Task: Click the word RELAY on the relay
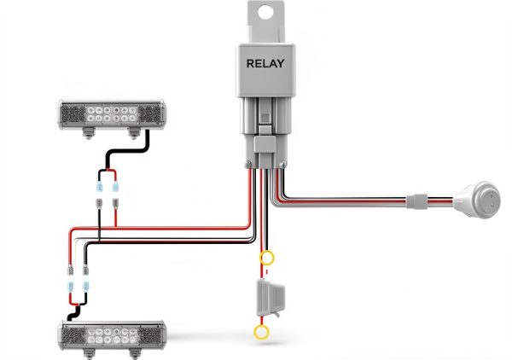(x=265, y=63)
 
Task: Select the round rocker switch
(x=478, y=199)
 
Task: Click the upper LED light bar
(x=112, y=115)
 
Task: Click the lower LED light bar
(x=112, y=335)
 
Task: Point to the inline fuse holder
(x=271, y=298)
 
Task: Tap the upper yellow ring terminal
(x=267, y=258)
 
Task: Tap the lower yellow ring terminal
(x=261, y=332)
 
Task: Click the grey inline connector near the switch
(x=416, y=201)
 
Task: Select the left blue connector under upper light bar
(x=99, y=187)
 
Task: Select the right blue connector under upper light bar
(x=115, y=187)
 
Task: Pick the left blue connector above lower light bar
(x=70, y=287)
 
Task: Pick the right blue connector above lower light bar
(x=86, y=287)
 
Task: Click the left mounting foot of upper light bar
(x=88, y=133)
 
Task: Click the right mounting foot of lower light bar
(x=134, y=354)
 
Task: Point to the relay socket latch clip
(x=265, y=144)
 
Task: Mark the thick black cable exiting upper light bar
(x=128, y=149)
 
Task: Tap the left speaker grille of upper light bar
(x=73, y=114)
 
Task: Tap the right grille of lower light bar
(x=150, y=336)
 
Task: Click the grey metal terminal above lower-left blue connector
(x=70, y=270)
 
